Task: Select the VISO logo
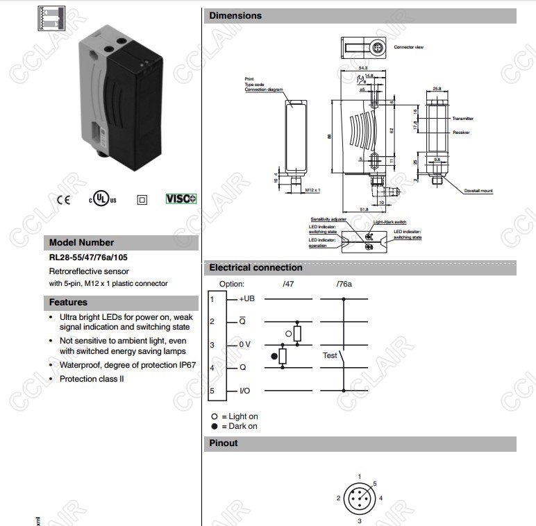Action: click(181, 198)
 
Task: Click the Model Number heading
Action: click(81, 243)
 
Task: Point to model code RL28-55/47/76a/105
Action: click(88, 257)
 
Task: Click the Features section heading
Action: click(68, 303)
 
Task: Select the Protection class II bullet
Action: click(92, 379)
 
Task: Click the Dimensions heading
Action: click(235, 16)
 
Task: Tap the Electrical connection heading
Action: click(256, 268)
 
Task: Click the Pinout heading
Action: click(224, 443)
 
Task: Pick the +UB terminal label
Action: click(247, 299)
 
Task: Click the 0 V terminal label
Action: click(244, 344)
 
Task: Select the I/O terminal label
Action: click(244, 391)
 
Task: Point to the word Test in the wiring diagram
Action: click(330, 355)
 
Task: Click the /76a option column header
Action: click(344, 284)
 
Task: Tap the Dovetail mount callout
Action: click(478, 191)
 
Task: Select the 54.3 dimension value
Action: click(362, 67)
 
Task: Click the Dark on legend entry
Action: click(239, 426)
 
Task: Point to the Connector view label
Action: click(408, 47)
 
